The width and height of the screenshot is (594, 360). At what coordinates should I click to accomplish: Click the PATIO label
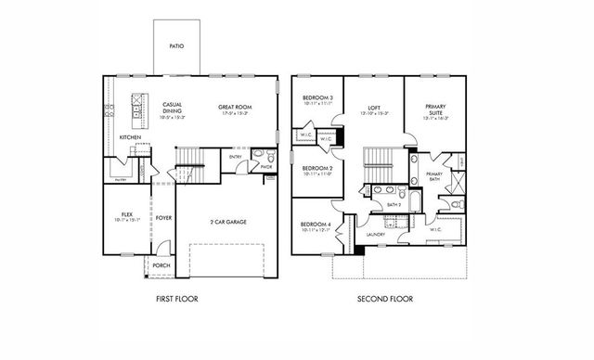click(x=175, y=45)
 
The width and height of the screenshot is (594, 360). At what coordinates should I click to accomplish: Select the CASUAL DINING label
click(x=172, y=107)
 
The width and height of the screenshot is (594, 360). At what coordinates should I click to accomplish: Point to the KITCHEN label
click(x=130, y=137)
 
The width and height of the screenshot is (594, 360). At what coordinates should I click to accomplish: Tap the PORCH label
click(x=161, y=264)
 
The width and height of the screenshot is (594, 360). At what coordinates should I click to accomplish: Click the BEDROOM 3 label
click(x=317, y=99)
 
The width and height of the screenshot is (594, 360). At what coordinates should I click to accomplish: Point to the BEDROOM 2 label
click(x=317, y=170)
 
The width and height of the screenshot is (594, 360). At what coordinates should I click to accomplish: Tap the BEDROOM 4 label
click(x=317, y=225)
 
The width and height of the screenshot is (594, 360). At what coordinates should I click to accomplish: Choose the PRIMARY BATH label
click(x=433, y=176)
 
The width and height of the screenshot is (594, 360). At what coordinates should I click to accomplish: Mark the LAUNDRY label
click(x=376, y=235)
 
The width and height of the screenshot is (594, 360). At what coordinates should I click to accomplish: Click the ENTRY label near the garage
click(x=236, y=157)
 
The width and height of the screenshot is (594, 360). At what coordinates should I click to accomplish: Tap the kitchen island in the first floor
click(x=138, y=110)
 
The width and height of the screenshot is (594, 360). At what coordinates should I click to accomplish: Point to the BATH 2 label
click(x=368, y=203)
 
